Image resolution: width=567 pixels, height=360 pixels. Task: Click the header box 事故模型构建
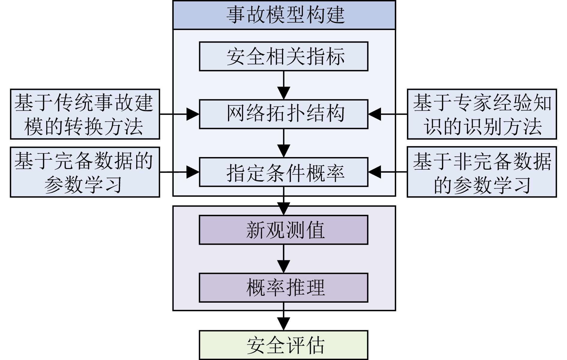coord(284,15)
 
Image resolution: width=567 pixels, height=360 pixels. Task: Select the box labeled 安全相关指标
coord(283,56)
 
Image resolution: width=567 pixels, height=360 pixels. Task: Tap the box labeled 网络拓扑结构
coord(283,114)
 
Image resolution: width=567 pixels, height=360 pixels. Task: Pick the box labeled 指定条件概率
coord(283,172)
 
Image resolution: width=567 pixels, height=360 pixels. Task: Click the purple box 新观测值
coord(283,230)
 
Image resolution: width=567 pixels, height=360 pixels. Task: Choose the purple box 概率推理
coord(283,288)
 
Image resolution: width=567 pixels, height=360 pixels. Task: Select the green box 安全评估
coord(283,345)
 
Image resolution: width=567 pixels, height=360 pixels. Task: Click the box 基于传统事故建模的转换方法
coord(85,114)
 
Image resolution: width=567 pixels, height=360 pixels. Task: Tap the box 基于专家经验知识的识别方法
coord(482,114)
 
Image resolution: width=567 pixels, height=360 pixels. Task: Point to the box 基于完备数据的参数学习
coord(85,172)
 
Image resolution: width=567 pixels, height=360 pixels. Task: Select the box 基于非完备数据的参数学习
coord(482,172)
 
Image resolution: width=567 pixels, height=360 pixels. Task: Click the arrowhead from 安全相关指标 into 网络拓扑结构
coord(283,93)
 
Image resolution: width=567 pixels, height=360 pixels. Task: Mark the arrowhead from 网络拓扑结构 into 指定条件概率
coord(283,151)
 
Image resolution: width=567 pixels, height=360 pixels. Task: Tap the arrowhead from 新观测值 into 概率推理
coord(283,267)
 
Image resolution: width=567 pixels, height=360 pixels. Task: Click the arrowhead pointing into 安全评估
coord(283,324)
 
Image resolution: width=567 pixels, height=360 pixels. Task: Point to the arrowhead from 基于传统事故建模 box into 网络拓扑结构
coord(193,114)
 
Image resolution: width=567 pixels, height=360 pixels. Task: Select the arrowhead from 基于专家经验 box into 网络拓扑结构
coord(375,114)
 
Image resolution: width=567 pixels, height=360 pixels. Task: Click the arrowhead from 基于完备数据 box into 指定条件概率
coord(193,172)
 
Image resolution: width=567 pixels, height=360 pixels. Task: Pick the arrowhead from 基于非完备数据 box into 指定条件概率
coord(375,172)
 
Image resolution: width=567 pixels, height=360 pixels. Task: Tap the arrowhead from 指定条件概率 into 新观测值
coord(283,209)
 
